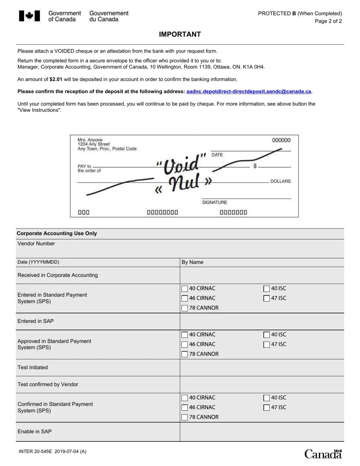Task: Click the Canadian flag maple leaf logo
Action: point(29,16)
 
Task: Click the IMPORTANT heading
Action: point(180,34)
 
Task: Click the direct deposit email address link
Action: point(249,91)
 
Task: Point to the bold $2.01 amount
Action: point(56,79)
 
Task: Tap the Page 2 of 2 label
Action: point(328,21)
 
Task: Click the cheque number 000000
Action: point(281,140)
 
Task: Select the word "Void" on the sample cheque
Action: point(182,164)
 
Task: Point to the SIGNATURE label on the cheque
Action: point(214,202)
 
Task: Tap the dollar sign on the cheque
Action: point(255,166)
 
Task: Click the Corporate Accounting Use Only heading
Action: point(57,233)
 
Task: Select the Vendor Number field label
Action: point(36,244)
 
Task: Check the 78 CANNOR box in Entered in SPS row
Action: point(185,308)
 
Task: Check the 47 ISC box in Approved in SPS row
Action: point(266,345)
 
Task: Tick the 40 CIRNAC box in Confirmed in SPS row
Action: point(185,398)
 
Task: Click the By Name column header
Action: point(193,262)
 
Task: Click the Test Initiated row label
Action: point(33,367)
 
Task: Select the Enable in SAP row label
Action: point(34,432)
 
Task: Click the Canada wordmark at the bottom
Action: point(323,454)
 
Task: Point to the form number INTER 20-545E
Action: point(36,451)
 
